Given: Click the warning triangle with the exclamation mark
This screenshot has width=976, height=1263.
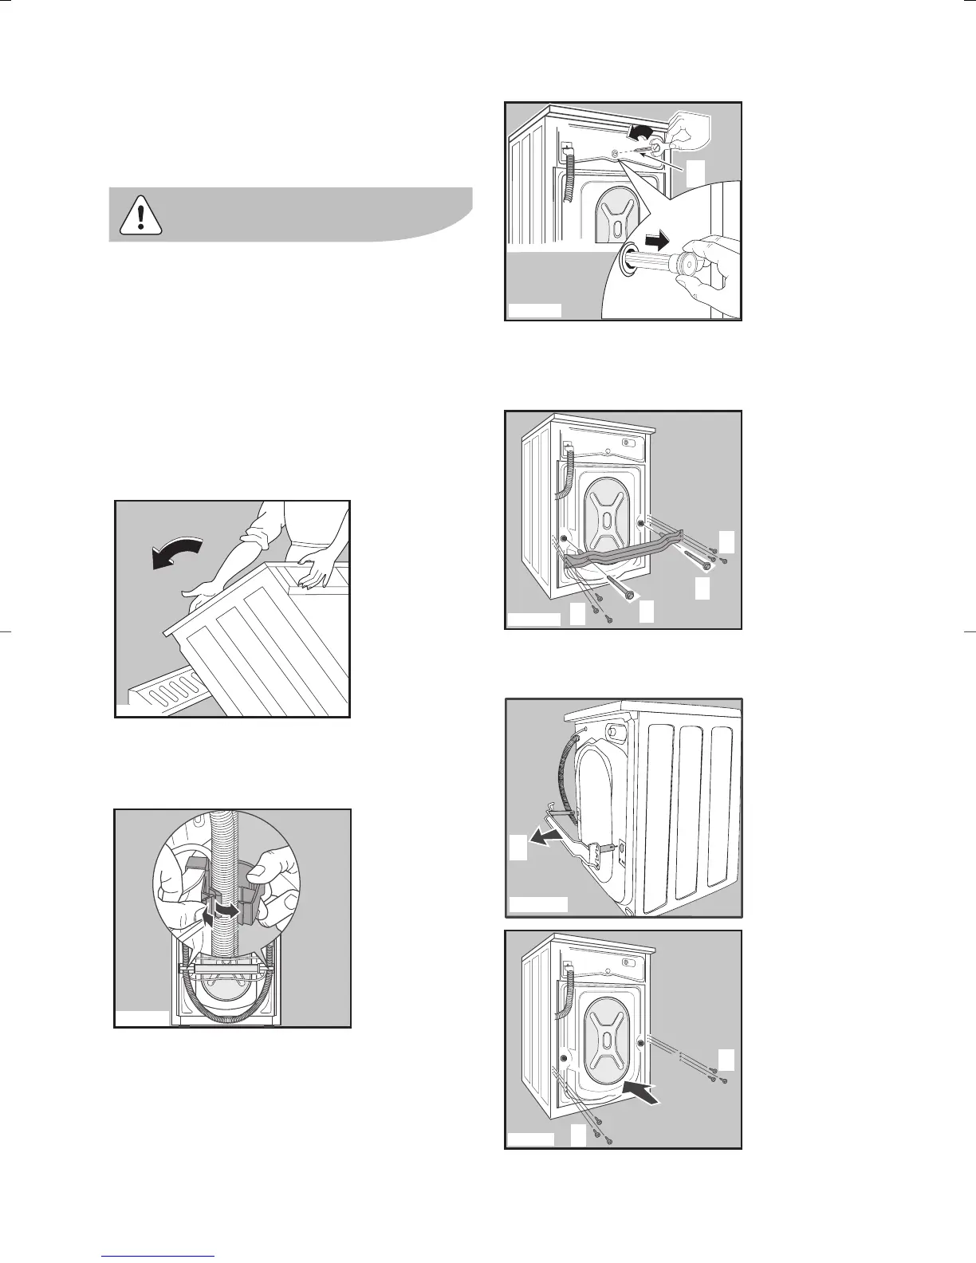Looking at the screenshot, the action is tap(140, 213).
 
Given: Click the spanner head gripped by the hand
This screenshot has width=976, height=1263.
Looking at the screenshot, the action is tap(655, 144).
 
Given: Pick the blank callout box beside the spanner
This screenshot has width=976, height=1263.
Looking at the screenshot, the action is tap(696, 170).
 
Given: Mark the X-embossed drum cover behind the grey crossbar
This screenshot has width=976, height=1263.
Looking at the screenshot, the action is tap(607, 519).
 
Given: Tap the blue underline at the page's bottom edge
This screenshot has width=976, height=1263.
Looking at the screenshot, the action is tap(159, 1257).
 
